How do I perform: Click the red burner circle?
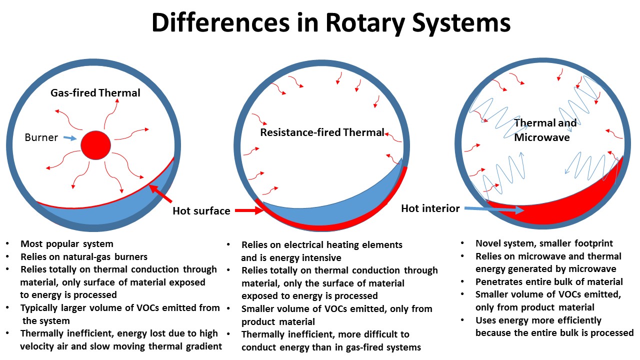[95, 145]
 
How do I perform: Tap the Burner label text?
[41, 137]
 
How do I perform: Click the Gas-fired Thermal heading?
[95, 93]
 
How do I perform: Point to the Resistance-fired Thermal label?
[322, 132]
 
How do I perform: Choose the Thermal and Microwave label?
[545, 129]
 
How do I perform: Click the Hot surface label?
[201, 211]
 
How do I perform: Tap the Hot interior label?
[430, 208]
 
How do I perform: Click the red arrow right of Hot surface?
[249, 210]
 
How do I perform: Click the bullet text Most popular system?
[67, 244]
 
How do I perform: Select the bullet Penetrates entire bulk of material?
[549, 281]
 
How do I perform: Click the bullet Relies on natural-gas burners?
[84, 257]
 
